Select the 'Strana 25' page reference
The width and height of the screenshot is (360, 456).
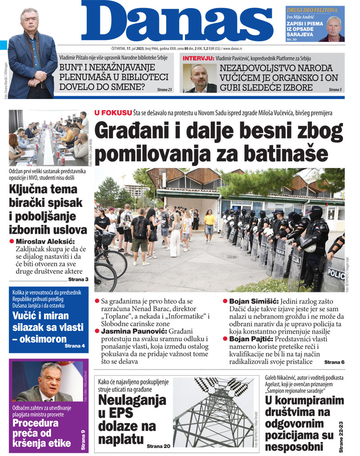(x=165, y=90)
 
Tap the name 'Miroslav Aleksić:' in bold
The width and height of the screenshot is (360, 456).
(x=45, y=242)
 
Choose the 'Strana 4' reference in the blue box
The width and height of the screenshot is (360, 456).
(x=76, y=346)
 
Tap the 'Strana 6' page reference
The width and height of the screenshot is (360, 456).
(x=334, y=362)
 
